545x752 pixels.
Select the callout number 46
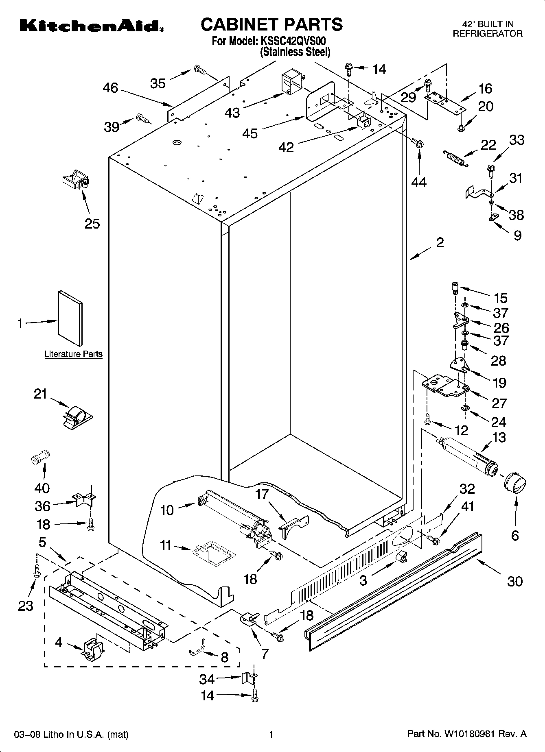pyautogui.click(x=110, y=87)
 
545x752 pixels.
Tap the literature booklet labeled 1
pyautogui.click(x=70, y=318)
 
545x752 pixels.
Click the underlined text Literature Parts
pyautogui.click(x=73, y=354)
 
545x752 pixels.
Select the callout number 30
pyautogui.click(x=514, y=581)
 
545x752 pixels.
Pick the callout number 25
pyautogui.click(x=92, y=223)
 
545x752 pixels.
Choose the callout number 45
pyautogui.click(x=250, y=133)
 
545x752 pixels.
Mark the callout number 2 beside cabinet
pyautogui.click(x=440, y=243)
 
